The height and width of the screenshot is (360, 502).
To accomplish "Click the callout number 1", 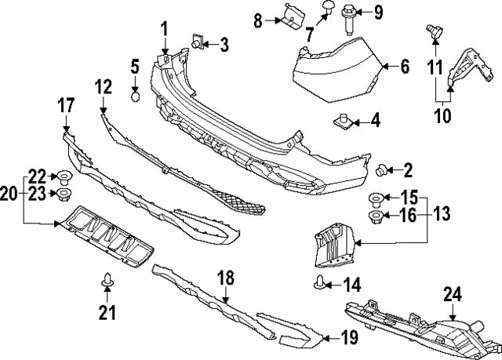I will pos(166,29).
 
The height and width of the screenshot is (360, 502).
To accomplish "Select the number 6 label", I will pos(405,67).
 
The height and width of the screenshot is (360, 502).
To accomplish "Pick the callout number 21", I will pos(107,313).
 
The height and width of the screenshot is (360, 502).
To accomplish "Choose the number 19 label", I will pos(349,338).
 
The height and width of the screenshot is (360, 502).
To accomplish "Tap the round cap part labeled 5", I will pos(135,97).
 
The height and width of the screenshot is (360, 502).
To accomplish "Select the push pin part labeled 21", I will pos(107,278).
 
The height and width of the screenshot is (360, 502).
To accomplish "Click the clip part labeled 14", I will pos(322,283).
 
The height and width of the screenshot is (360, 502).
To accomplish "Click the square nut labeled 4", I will pos(342,122).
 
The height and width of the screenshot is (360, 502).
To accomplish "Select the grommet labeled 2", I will pos(384,169).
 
